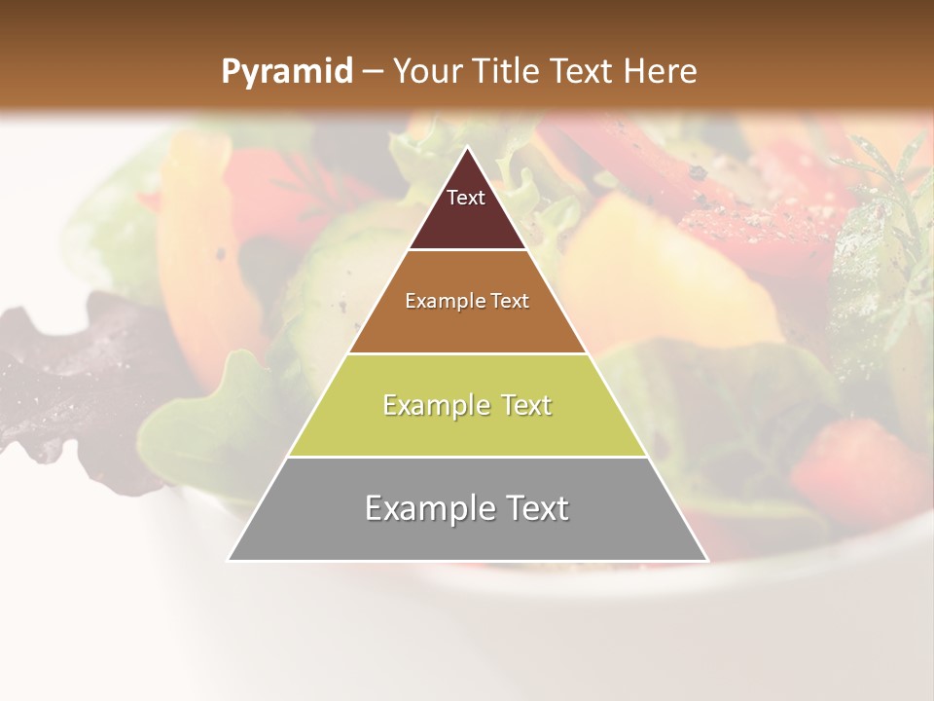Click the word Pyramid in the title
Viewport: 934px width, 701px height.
click(286, 72)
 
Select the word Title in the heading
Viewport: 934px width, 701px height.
click(507, 71)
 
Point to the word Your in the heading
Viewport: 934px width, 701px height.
click(428, 71)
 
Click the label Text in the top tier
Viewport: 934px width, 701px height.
click(466, 198)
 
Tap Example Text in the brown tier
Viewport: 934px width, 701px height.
click(467, 301)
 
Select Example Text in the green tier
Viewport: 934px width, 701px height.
click(467, 405)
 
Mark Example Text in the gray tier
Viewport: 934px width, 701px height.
click(467, 508)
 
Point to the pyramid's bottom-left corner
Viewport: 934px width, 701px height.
click(229, 560)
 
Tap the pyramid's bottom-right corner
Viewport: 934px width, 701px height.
click(707, 560)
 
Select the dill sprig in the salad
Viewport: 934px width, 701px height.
click(890, 195)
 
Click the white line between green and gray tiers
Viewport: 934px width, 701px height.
click(467, 457)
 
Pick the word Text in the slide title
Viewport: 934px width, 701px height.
click(581, 71)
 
